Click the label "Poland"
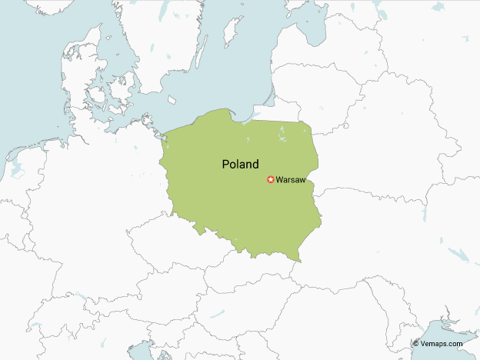[240, 164]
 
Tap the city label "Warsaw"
[291, 180]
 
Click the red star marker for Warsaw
[270, 180]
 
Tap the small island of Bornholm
[172, 100]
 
